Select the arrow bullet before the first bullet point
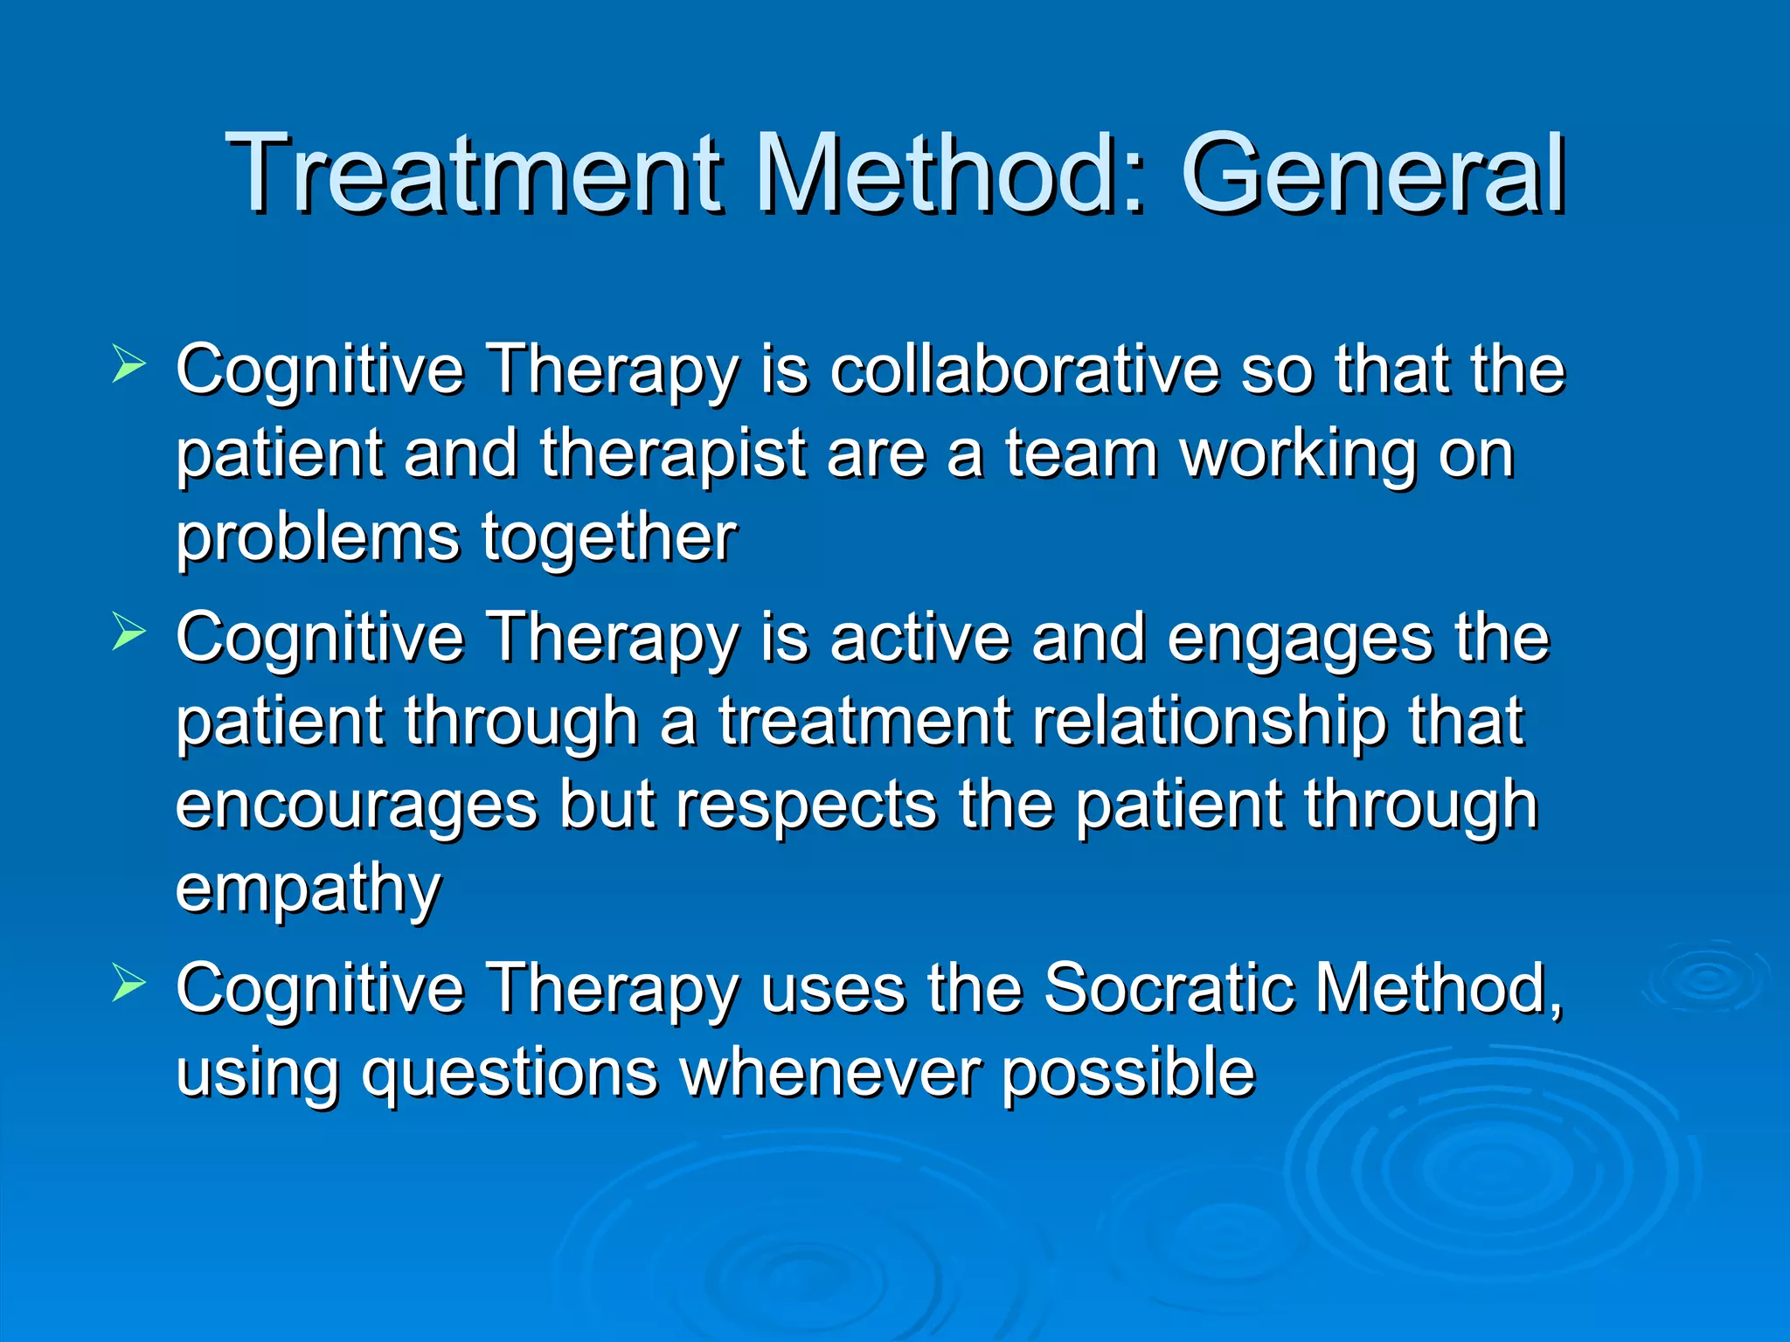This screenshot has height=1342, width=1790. (128, 365)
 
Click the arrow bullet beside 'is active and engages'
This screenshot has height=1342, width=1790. (128, 633)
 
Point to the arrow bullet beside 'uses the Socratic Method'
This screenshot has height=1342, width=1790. (128, 985)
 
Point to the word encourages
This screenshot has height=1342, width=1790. (357, 806)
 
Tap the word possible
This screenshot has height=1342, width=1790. (1127, 1075)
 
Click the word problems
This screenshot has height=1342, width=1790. (317, 540)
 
